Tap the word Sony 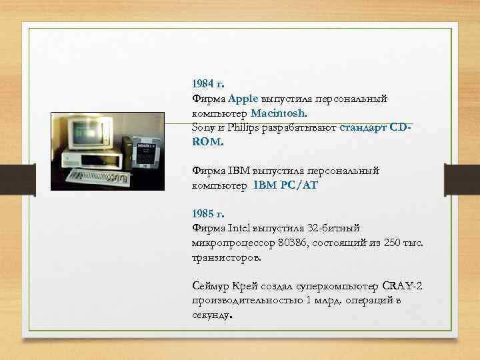203,127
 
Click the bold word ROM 207,142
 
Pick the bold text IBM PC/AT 285,185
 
